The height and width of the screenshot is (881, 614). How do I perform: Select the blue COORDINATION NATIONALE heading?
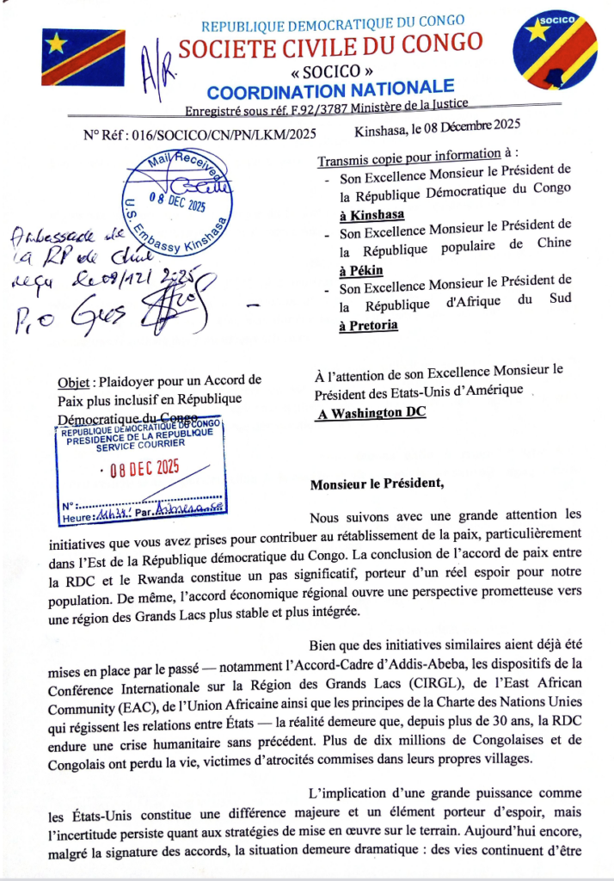click(331, 89)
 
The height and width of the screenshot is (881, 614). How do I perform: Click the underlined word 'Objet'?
click(75, 382)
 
